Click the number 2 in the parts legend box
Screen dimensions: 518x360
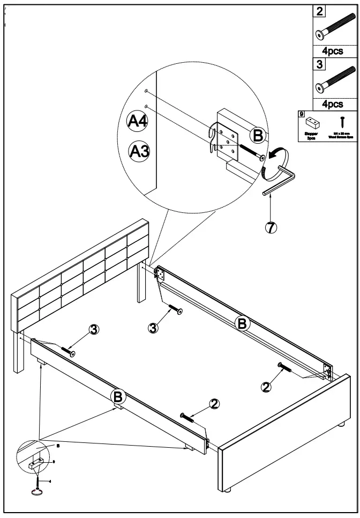(x=319, y=11)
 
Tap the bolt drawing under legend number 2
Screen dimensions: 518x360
(x=335, y=29)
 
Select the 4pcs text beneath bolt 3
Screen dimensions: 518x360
(x=336, y=103)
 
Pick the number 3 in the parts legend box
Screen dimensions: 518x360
(x=319, y=64)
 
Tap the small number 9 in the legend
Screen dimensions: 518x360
(x=302, y=114)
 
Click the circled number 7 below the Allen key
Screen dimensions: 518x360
(x=271, y=227)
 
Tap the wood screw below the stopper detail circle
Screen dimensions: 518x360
(x=38, y=485)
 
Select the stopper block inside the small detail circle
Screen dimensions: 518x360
(x=36, y=462)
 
